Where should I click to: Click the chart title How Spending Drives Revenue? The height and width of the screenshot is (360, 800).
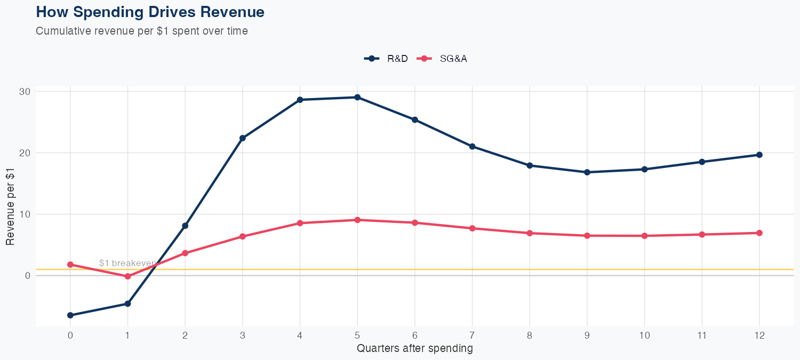pos(150,12)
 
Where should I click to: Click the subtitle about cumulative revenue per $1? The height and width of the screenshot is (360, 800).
pos(142,31)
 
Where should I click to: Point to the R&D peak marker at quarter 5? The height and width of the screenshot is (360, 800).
pos(357,97)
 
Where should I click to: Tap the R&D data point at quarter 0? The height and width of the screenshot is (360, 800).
pos(70,315)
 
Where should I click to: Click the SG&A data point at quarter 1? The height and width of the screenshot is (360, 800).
pos(127,276)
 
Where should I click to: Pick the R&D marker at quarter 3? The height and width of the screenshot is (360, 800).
pos(243,138)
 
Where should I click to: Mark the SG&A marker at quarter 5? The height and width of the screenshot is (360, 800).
pos(357,220)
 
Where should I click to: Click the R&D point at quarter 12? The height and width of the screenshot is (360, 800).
pos(759,155)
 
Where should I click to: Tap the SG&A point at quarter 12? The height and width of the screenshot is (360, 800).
pos(759,233)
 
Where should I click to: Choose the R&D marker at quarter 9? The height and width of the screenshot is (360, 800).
pos(587,172)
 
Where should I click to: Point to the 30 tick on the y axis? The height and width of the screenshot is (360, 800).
pos(25,92)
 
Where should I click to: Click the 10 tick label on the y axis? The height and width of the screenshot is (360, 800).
pos(25,214)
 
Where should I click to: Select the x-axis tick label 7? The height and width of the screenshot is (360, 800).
pos(472,335)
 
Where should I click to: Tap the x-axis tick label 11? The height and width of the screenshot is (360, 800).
pos(702,335)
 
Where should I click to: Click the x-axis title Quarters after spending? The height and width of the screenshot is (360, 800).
pos(414,349)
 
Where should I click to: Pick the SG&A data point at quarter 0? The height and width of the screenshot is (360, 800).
pos(70,265)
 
